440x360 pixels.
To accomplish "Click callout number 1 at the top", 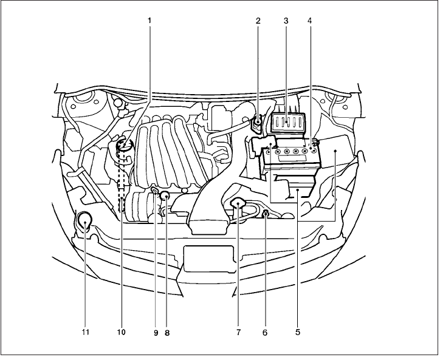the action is (149, 20).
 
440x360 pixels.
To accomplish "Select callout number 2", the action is (258, 20).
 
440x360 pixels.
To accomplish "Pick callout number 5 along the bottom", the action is (297, 332).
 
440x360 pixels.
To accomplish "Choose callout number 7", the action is (238, 332).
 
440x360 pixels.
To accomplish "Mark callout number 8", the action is (167, 332).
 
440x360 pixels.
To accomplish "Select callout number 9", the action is (156, 332).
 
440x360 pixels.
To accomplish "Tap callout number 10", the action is (121, 332).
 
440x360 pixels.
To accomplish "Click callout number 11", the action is (85, 332).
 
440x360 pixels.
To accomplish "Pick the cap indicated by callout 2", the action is (258, 121).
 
